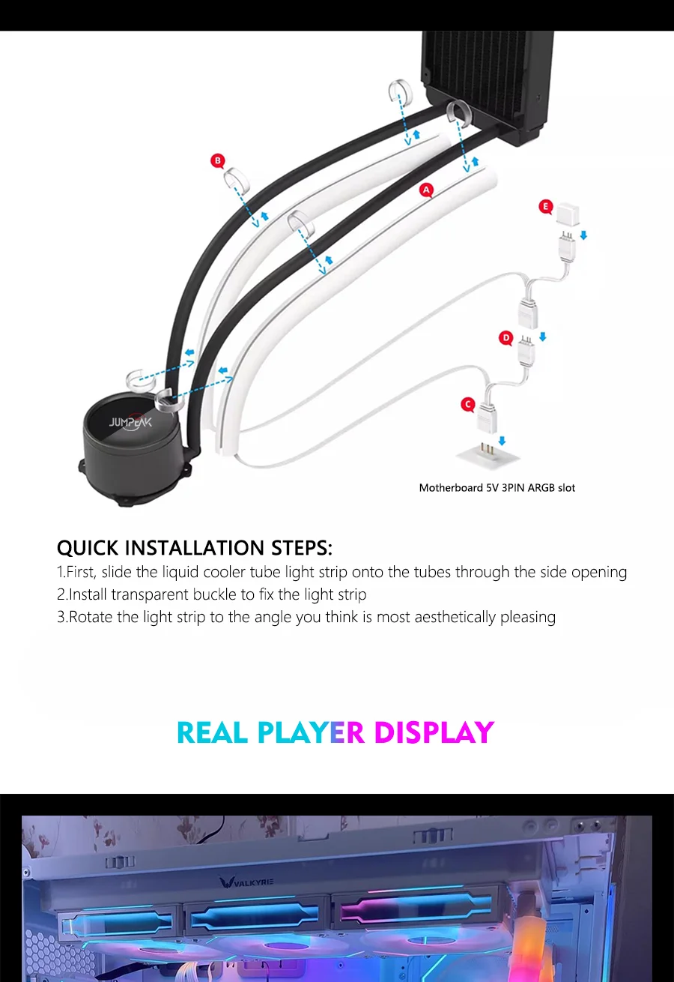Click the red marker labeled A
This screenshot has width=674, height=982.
pyautogui.click(x=427, y=190)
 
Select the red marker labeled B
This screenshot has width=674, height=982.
pyautogui.click(x=218, y=160)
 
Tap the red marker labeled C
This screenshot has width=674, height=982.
pyautogui.click(x=467, y=405)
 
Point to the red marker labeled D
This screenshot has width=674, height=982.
pyautogui.click(x=506, y=339)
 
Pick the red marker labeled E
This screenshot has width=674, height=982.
pyautogui.click(x=545, y=206)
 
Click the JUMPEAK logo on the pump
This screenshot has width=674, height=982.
pyautogui.click(x=130, y=422)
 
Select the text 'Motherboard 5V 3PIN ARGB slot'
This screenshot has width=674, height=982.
pyautogui.click(x=497, y=488)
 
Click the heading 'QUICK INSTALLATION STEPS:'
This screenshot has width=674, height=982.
pyautogui.click(x=194, y=548)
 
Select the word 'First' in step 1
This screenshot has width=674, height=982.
pyautogui.click(x=80, y=572)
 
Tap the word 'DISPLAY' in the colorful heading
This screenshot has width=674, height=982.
pyautogui.click(x=434, y=732)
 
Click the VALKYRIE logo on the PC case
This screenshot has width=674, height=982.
pyautogui.click(x=246, y=882)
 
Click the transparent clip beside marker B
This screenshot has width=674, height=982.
pyautogui.click(x=236, y=181)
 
